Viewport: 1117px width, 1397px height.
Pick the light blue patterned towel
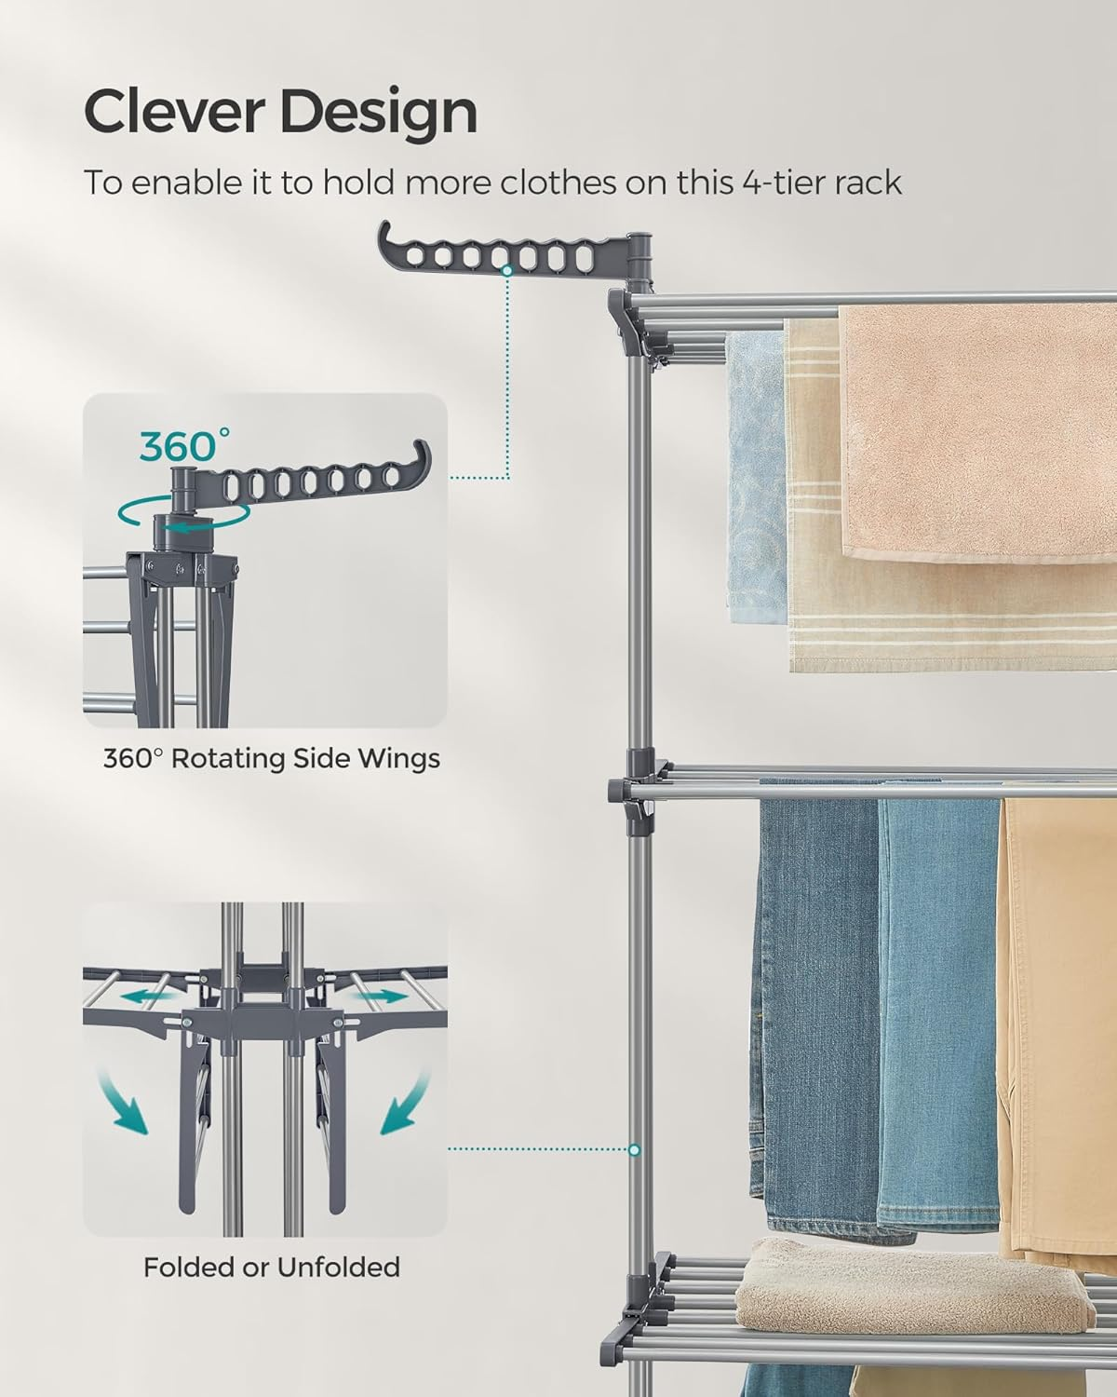pyautogui.click(x=754, y=475)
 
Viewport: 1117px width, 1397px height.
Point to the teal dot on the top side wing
pyautogui.click(x=507, y=270)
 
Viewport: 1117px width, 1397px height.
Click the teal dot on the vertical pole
pyautogui.click(x=635, y=1148)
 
